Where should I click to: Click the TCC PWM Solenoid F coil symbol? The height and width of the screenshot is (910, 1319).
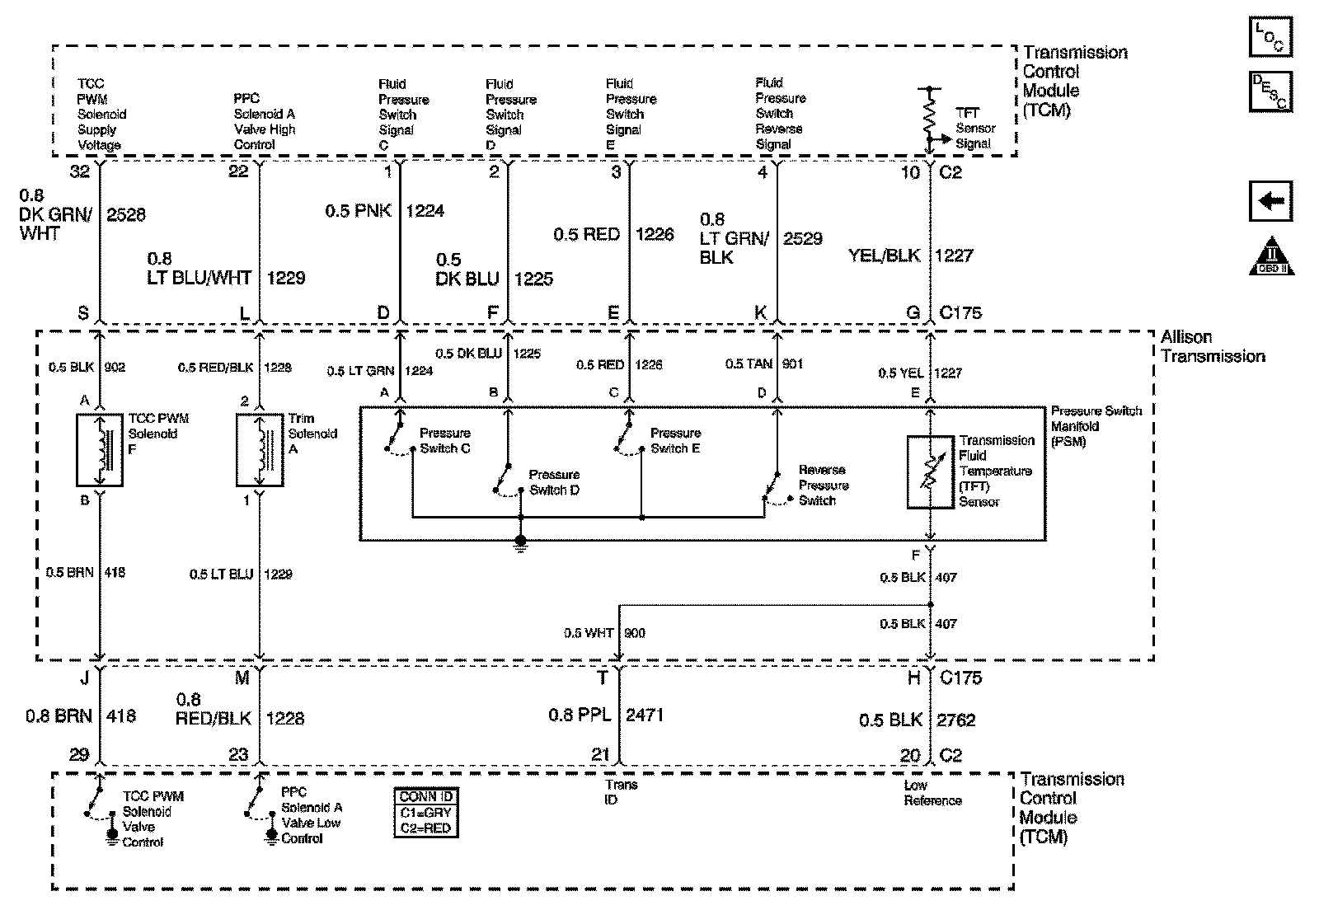tap(100, 450)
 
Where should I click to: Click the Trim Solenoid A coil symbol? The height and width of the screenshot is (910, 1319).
tap(260, 450)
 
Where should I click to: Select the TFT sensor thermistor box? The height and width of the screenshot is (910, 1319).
tap(930, 472)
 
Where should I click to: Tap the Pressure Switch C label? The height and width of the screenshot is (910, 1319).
tap(444, 441)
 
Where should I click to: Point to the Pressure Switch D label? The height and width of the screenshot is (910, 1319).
tap(554, 482)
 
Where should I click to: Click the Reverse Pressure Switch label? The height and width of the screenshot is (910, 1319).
tap(822, 485)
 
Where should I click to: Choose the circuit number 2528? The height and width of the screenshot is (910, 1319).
tap(126, 215)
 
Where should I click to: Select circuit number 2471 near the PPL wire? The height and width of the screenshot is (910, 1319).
tap(645, 715)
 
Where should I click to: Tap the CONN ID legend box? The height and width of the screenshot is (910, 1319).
tap(426, 813)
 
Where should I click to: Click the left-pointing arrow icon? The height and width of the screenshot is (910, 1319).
tap(1270, 202)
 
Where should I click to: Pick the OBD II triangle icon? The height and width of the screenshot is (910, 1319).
tap(1272, 256)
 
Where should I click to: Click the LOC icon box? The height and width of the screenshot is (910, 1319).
tap(1270, 37)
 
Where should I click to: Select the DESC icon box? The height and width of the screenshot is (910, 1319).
tap(1270, 91)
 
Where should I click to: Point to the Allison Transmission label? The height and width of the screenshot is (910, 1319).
tap(1212, 347)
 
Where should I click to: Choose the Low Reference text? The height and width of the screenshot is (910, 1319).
tap(932, 793)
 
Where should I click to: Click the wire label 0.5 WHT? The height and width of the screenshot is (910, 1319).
tap(589, 633)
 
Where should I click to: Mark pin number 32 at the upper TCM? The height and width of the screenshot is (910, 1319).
tap(80, 171)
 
